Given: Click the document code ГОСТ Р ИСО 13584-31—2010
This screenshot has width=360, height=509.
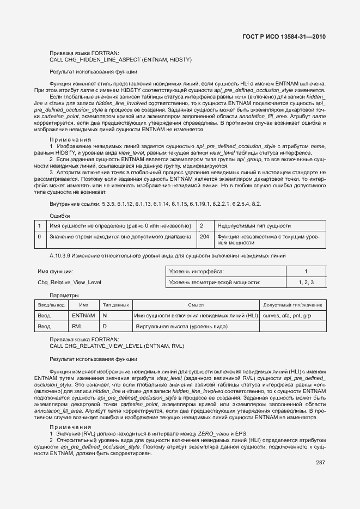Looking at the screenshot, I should (283, 37).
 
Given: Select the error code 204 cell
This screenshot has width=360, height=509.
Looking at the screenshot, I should (205, 237).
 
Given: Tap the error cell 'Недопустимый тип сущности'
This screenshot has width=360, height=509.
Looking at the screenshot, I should (254, 225).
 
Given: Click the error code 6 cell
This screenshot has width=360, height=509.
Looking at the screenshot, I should (39, 237).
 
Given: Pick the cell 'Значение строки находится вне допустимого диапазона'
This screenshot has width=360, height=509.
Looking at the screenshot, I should (120, 237).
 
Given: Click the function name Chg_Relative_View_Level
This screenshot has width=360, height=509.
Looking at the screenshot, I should (69, 282).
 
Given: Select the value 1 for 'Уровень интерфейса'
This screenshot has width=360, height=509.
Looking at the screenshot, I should (306, 271).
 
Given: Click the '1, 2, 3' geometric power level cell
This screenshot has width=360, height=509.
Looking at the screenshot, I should (306, 282).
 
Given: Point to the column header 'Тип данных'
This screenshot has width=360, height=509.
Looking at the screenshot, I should (115, 305).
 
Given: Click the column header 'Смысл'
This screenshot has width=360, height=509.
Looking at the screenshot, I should (196, 305).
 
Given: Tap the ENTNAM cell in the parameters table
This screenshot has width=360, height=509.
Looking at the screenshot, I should (83, 315).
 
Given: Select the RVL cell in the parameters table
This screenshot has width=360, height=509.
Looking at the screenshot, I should (77, 326).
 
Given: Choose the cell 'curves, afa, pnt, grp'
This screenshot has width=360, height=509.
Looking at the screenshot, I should (288, 315).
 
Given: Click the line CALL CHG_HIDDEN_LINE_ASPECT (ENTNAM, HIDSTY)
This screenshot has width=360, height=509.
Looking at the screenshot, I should (120, 59).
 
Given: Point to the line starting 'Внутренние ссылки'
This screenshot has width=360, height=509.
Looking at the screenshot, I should (155, 204).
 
